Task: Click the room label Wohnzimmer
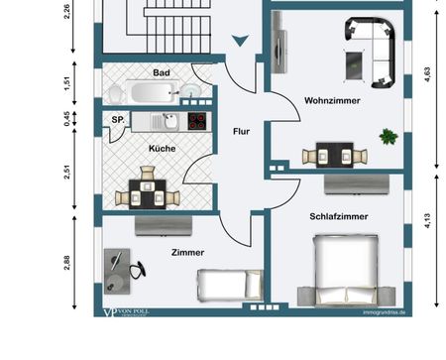point(332,101)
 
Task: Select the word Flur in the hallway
point(240,130)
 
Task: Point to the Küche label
point(163,148)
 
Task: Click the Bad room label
point(161,73)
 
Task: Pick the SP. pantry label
point(117,120)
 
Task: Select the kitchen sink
point(169,122)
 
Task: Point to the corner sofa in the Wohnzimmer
point(375,44)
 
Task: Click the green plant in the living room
point(389,135)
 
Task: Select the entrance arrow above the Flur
point(239,41)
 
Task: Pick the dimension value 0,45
point(66,119)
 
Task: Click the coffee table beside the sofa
point(352,63)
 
